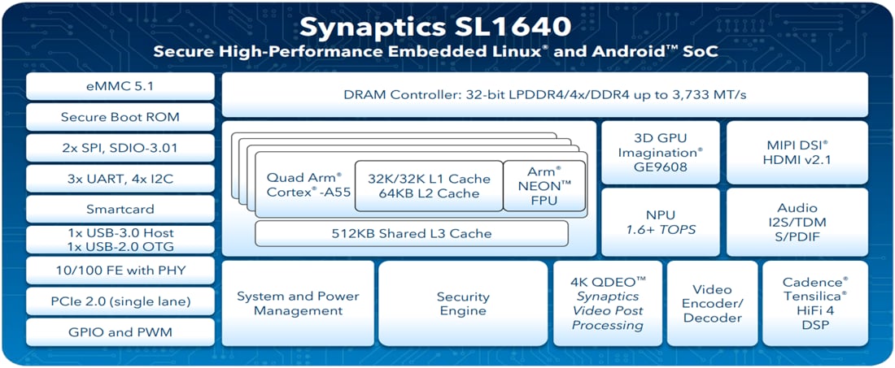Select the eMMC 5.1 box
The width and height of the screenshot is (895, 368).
click(x=121, y=87)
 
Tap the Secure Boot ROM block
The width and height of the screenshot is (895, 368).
click(x=121, y=117)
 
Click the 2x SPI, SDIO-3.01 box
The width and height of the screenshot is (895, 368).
click(x=121, y=148)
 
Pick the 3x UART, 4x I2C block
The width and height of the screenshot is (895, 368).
click(x=121, y=179)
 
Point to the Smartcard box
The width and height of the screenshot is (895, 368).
click(x=121, y=209)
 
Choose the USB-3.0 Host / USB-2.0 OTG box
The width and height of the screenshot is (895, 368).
click(x=121, y=240)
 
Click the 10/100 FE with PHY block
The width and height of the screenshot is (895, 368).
click(x=121, y=271)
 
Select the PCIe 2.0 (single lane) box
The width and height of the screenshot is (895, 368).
click(x=121, y=301)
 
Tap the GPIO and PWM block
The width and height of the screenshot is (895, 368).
click(x=121, y=331)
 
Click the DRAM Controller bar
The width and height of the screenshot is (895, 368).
click(x=544, y=95)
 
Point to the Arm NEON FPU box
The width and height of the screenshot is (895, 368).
click(x=544, y=185)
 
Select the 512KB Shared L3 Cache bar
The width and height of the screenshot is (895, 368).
click(x=411, y=233)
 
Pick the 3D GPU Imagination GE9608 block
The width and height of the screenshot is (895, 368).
click(x=660, y=152)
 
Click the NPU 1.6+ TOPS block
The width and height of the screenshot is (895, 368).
click(x=660, y=222)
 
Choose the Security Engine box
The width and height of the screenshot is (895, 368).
click(x=463, y=304)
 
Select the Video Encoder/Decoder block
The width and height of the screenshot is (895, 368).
click(x=712, y=304)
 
